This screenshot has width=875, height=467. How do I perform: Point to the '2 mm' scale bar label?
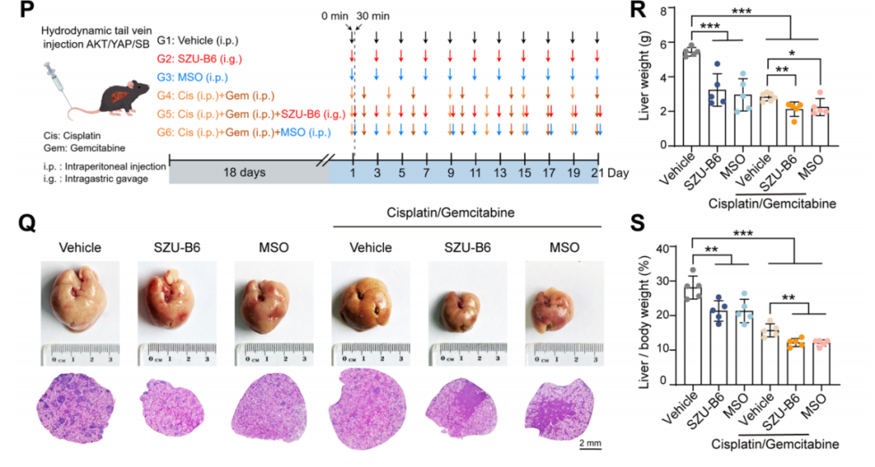(589, 444)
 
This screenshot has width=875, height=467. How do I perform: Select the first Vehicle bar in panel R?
(691, 98)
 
